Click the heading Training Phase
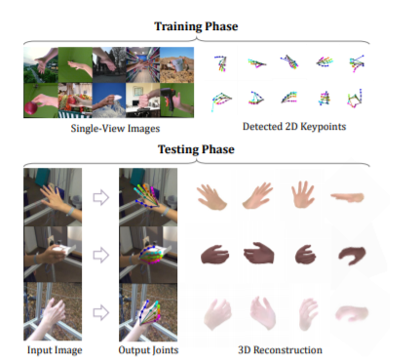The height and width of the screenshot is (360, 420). pyautogui.click(x=196, y=26)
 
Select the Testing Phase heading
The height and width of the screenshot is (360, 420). pyautogui.click(x=196, y=149)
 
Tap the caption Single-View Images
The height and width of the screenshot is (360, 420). pyautogui.click(x=115, y=129)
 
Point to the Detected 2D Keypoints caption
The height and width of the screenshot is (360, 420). pyautogui.click(x=294, y=127)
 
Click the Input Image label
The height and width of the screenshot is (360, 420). pyautogui.click(x=55, y=350)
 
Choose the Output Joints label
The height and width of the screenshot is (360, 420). pyautogui.click(x=148, y=350)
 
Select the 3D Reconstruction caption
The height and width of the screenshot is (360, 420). pyautogui.click(x=280, y=350)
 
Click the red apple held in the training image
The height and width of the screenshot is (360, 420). pyautogui.click(x=31, y=108)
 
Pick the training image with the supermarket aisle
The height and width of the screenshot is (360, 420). pyautogui.click(x=143, y=64)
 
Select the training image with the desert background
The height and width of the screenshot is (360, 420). pyautogui.click(x=177, y=64)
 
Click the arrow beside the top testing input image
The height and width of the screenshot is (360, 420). pyautogui.click(x=100, y=197)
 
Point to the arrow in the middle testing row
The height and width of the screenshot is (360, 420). pyautogui.click(x=100, y=255)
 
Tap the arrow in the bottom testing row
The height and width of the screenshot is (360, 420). pyautogui.click(x=100, y=312)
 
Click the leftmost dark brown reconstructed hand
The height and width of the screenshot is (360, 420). pyautogui.click(x=214, y=255)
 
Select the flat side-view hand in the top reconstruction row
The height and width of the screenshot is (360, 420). pyautogui.click(x=348, y=197)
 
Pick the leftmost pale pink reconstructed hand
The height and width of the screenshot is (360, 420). pyautogui.click(x=217, y=314)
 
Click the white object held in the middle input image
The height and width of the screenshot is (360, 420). pyautogui.click(x=63, y=249)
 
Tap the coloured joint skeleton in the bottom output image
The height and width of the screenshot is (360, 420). pyautogui.click(x=150, y=313)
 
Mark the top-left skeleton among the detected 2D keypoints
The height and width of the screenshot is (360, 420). pyautogui.click(x=221, y=63)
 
